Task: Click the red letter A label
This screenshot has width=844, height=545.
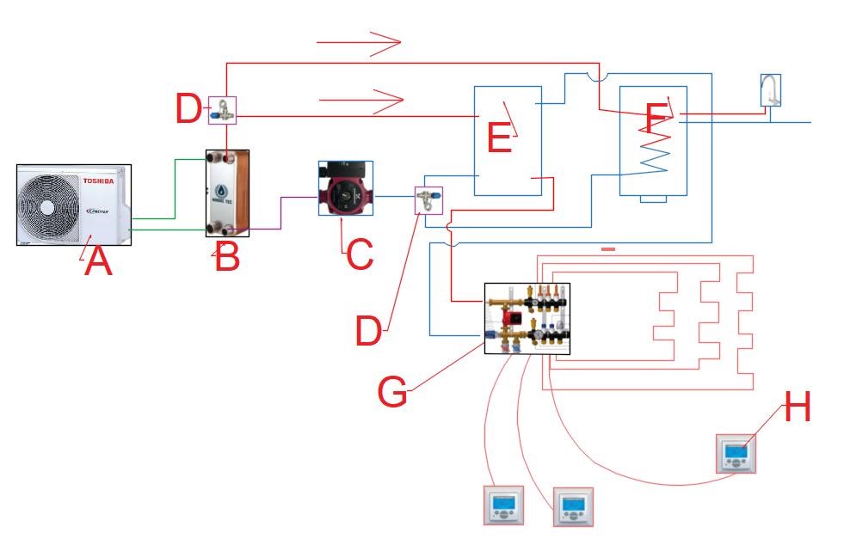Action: click(98, 260)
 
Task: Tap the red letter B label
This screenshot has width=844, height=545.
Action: click(226, 256)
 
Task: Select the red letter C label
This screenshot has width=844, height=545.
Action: click(358, 254)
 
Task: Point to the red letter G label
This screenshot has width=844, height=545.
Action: click(393, 392)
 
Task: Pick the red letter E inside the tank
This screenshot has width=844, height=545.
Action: click(499, 138)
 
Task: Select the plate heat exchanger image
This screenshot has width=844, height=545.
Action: click(227, 193)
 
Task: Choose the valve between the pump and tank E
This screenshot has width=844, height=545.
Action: click(428, 200)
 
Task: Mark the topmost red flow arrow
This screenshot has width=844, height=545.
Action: click(359, 42)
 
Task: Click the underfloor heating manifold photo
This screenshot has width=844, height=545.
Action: click(527, 319)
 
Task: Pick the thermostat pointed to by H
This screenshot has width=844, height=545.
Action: click(737, 453)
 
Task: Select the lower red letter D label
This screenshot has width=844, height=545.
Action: click(368, 331)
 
